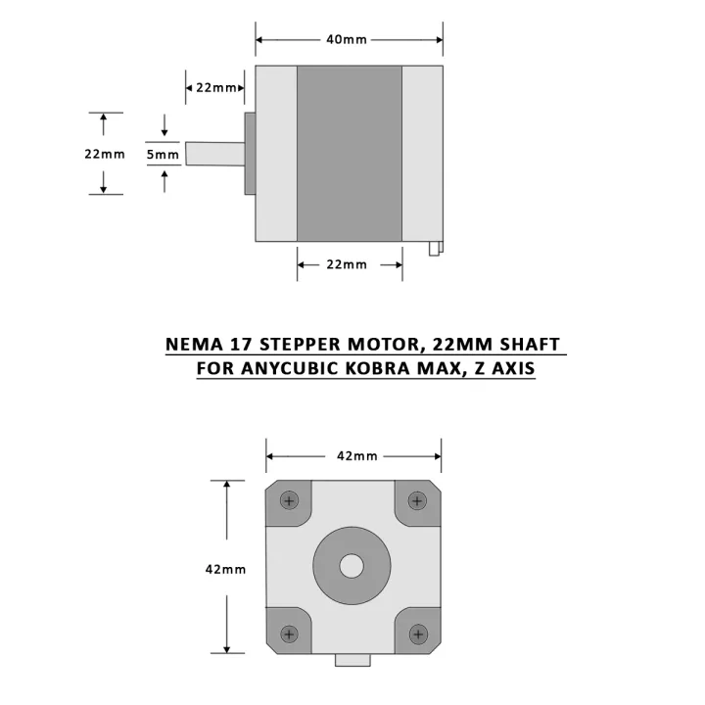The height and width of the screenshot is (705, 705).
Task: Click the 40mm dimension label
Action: tap(347, 40)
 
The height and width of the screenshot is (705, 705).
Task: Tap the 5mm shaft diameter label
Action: tap(163, 154)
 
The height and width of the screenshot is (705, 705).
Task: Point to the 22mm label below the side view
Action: tap(347, 264)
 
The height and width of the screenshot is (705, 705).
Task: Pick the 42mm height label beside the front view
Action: tap(225, 569)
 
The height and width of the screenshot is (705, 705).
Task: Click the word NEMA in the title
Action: tap(194, 345)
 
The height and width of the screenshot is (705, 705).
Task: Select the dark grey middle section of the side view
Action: tap(350, 153)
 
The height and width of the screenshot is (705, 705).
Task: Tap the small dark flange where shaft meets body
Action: tap(250, 153)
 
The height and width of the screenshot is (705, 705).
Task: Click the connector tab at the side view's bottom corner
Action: tap(435, 248)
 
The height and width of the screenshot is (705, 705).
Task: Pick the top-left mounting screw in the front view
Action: tap(288, 500)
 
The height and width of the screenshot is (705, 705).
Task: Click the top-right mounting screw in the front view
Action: tap(418, 500)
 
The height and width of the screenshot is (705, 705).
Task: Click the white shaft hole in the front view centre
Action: tap(352, 566)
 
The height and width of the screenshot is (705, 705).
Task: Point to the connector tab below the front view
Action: tap(352, 660)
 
